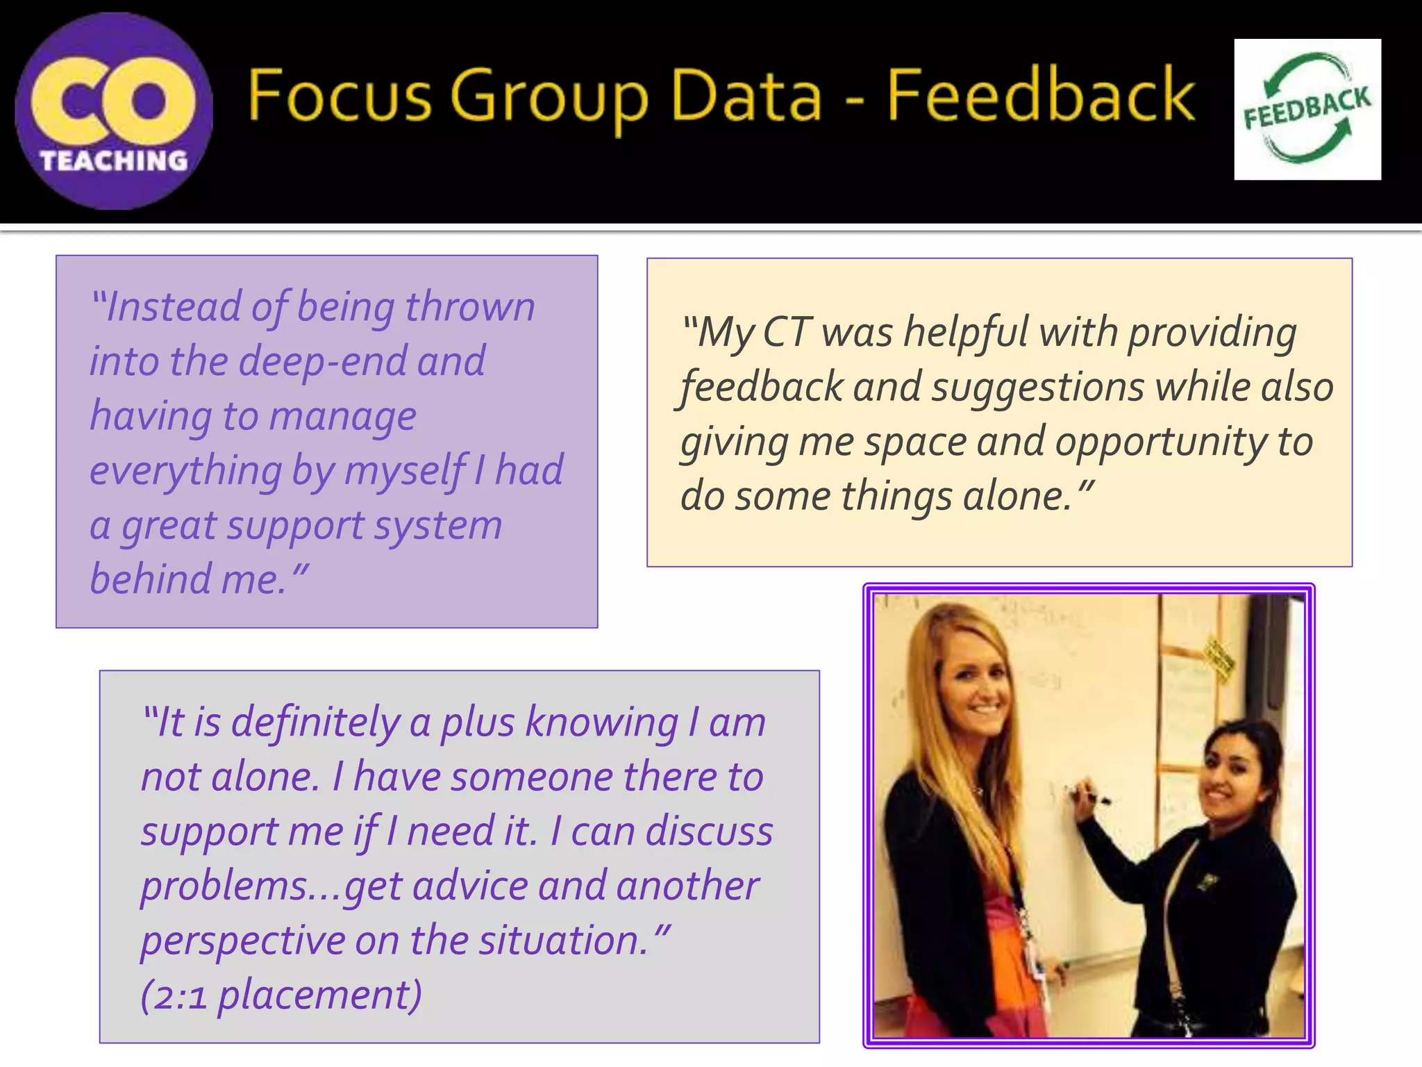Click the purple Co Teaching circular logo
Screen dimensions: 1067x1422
tap(114, 111)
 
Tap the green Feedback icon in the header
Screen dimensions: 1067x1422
tap(1307, 109)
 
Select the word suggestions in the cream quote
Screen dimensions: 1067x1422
tap(1037, 388)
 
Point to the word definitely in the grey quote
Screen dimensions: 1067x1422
tap(315, 722)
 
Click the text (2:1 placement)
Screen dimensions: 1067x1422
tap(281, 995)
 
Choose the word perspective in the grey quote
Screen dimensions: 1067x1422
tap(243, 942)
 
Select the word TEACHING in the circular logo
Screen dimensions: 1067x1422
tap(114, 161)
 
